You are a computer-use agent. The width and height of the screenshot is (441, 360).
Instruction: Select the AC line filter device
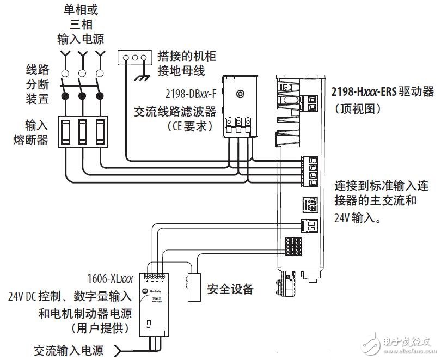tap(240, 106)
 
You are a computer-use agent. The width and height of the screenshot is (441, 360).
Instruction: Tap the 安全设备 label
tap(230, 289)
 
